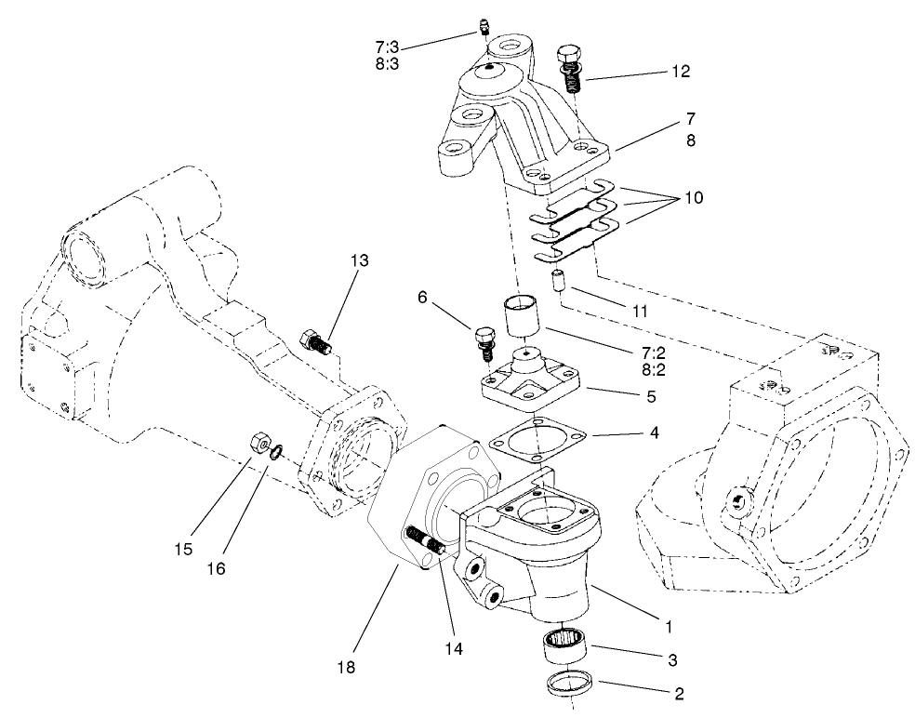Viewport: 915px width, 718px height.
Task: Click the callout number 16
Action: [216, 566]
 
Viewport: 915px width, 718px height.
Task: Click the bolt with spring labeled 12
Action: [571, 66]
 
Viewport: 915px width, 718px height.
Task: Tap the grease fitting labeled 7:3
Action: [484, 27]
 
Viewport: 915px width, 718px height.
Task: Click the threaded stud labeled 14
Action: [428, 540]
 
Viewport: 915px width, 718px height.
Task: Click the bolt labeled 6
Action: [484, 342]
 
